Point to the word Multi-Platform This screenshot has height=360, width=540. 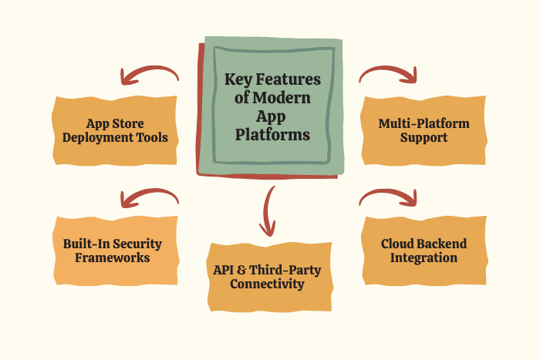424,123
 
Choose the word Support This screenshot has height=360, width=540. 424,139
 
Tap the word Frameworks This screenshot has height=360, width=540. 112,258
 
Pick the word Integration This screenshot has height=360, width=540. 424,258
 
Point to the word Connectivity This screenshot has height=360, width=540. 272,284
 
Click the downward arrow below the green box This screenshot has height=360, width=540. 268,212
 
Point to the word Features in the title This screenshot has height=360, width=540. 292,79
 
